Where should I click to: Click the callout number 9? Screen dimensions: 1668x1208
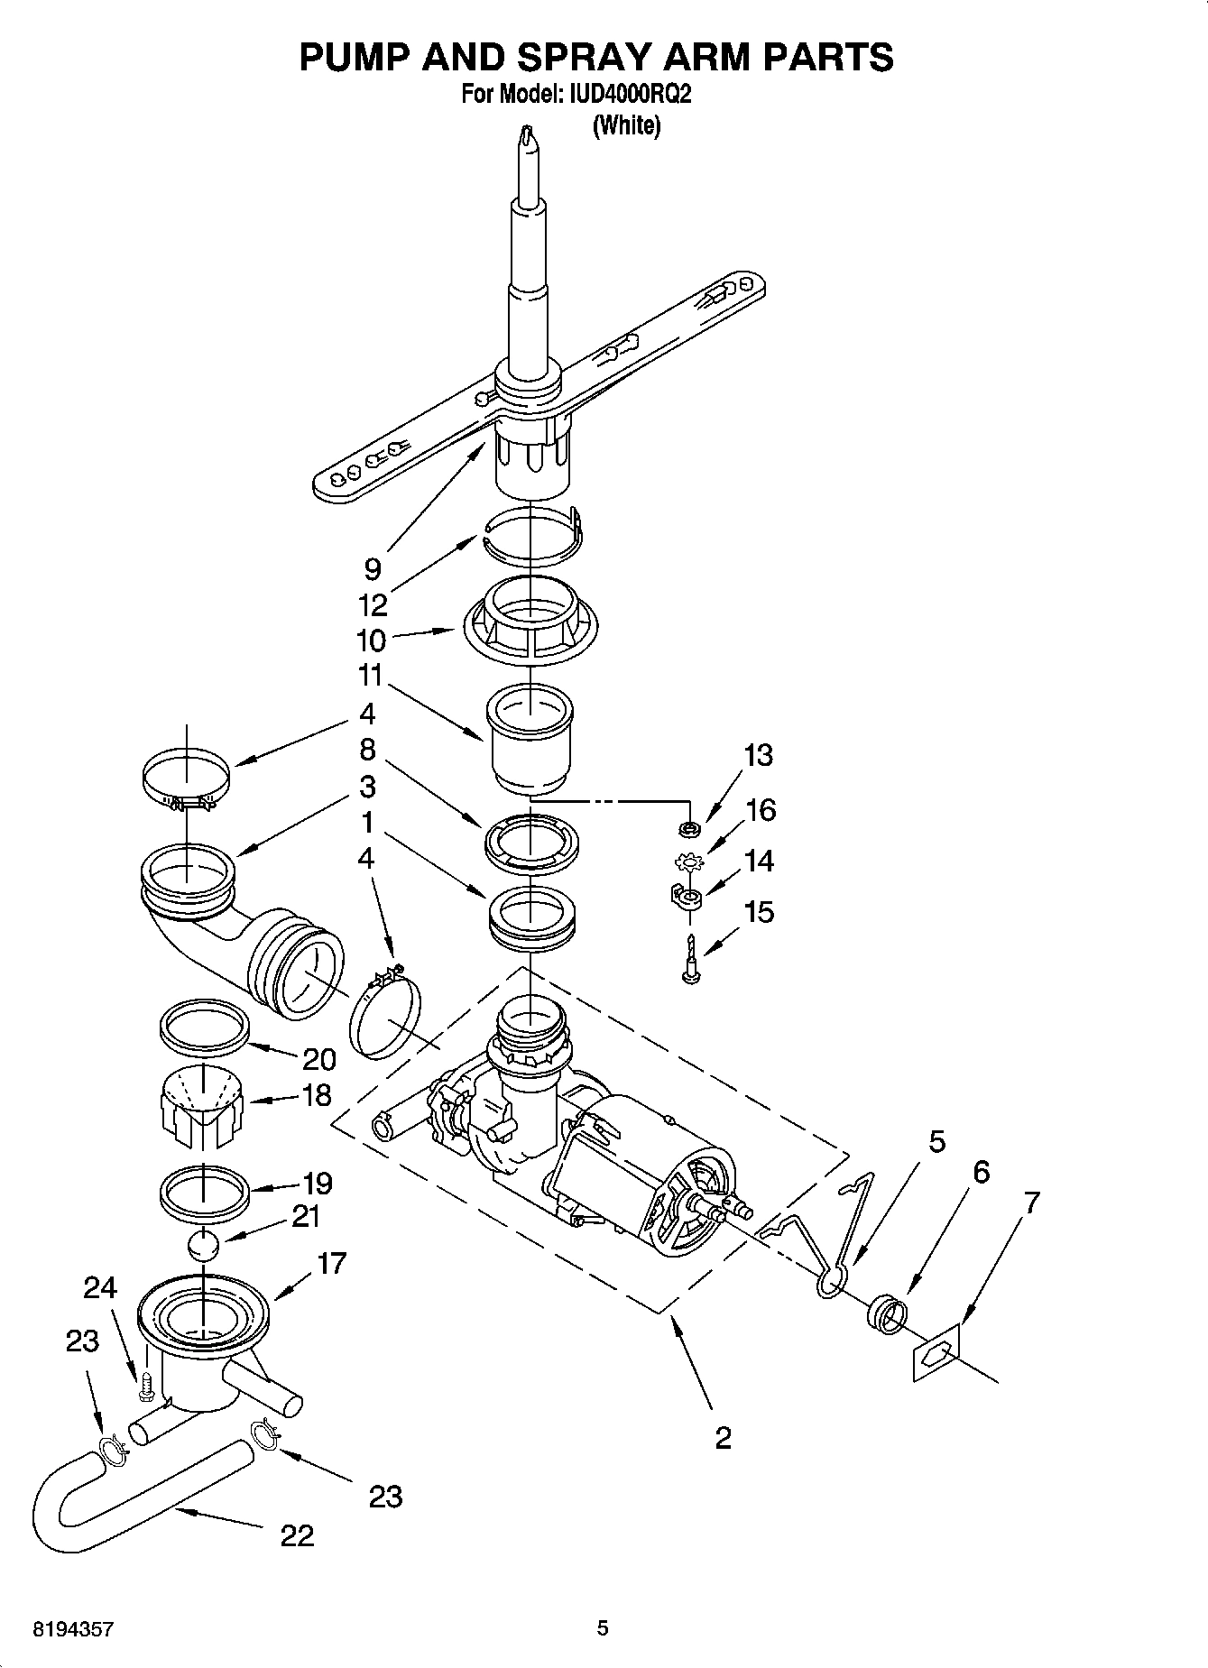coord(372,568)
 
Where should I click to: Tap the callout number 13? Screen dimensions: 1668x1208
coord(759,755)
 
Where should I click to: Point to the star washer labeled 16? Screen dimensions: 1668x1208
coord(688,862)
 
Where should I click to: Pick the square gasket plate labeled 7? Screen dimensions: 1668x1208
coord(935,1354)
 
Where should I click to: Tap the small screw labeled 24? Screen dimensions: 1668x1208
coord(145,1387)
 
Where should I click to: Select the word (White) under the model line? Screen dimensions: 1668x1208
coord(626,125)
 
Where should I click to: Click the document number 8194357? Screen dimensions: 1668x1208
coord(73,1629)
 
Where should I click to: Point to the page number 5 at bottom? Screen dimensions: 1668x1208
coord(603,1628)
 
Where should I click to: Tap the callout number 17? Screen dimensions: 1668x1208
coord(331,1263)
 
